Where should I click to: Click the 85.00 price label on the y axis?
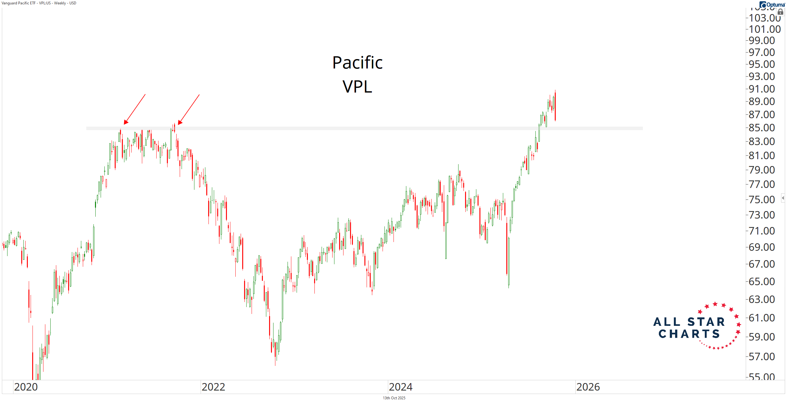point(762,128)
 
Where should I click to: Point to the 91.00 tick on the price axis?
point(762,89)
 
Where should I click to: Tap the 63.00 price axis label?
point(762,299)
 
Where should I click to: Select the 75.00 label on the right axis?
point(762,199)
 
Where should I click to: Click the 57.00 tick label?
point(762,356)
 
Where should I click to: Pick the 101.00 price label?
point(764,29)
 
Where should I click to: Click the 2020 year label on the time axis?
point(26,387)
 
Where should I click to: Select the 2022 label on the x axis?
point(213,387)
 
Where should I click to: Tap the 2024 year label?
point(400,387)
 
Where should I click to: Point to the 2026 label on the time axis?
point(588,387)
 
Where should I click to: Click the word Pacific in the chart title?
point(357,63)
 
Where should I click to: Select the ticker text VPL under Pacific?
point(357,87)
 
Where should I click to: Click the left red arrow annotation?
point(135,109)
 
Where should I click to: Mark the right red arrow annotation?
point(189,109)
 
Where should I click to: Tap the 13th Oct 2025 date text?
point(394,398)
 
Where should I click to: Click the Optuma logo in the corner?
point(772,4)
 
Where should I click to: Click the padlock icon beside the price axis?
point(780,12)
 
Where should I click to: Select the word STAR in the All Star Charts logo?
point(706,322)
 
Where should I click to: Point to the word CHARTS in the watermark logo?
point(689,334)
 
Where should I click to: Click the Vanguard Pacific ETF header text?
point(39,3)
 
